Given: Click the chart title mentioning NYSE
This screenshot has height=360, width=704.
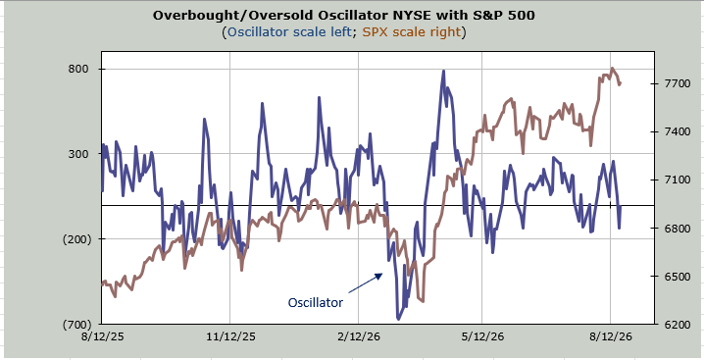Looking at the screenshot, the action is click(x=344, y=15).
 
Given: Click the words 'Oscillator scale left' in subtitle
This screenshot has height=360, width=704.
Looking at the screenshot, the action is click(x=289, y=32).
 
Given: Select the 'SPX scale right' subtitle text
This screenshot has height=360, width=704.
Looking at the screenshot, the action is click(x=411, y=32).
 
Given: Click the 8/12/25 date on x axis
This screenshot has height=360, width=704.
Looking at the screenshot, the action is click(x=102, y=336).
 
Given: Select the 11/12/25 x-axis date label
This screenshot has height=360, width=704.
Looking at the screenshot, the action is click(x=229, y=336).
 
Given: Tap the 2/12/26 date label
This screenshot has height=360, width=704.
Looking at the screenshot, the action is click(x=358, y=336).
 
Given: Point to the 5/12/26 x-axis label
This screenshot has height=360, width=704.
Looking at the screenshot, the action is click(x=481, y=336).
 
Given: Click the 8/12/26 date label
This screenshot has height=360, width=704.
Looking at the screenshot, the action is click(x=610, y=336).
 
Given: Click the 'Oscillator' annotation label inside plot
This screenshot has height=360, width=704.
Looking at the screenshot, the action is click(x=315, y=302).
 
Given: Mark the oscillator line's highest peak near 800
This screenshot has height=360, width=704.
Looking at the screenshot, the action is click(x=443, y=71).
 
